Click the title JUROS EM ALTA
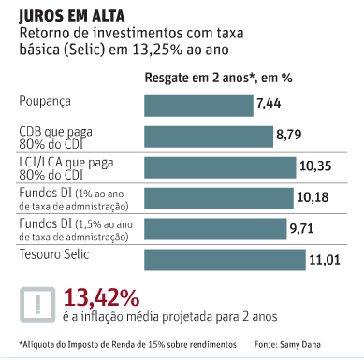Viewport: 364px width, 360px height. coord(65,14)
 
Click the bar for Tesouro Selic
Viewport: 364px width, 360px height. coord(226,258)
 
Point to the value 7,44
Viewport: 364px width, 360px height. coord(271,106)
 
